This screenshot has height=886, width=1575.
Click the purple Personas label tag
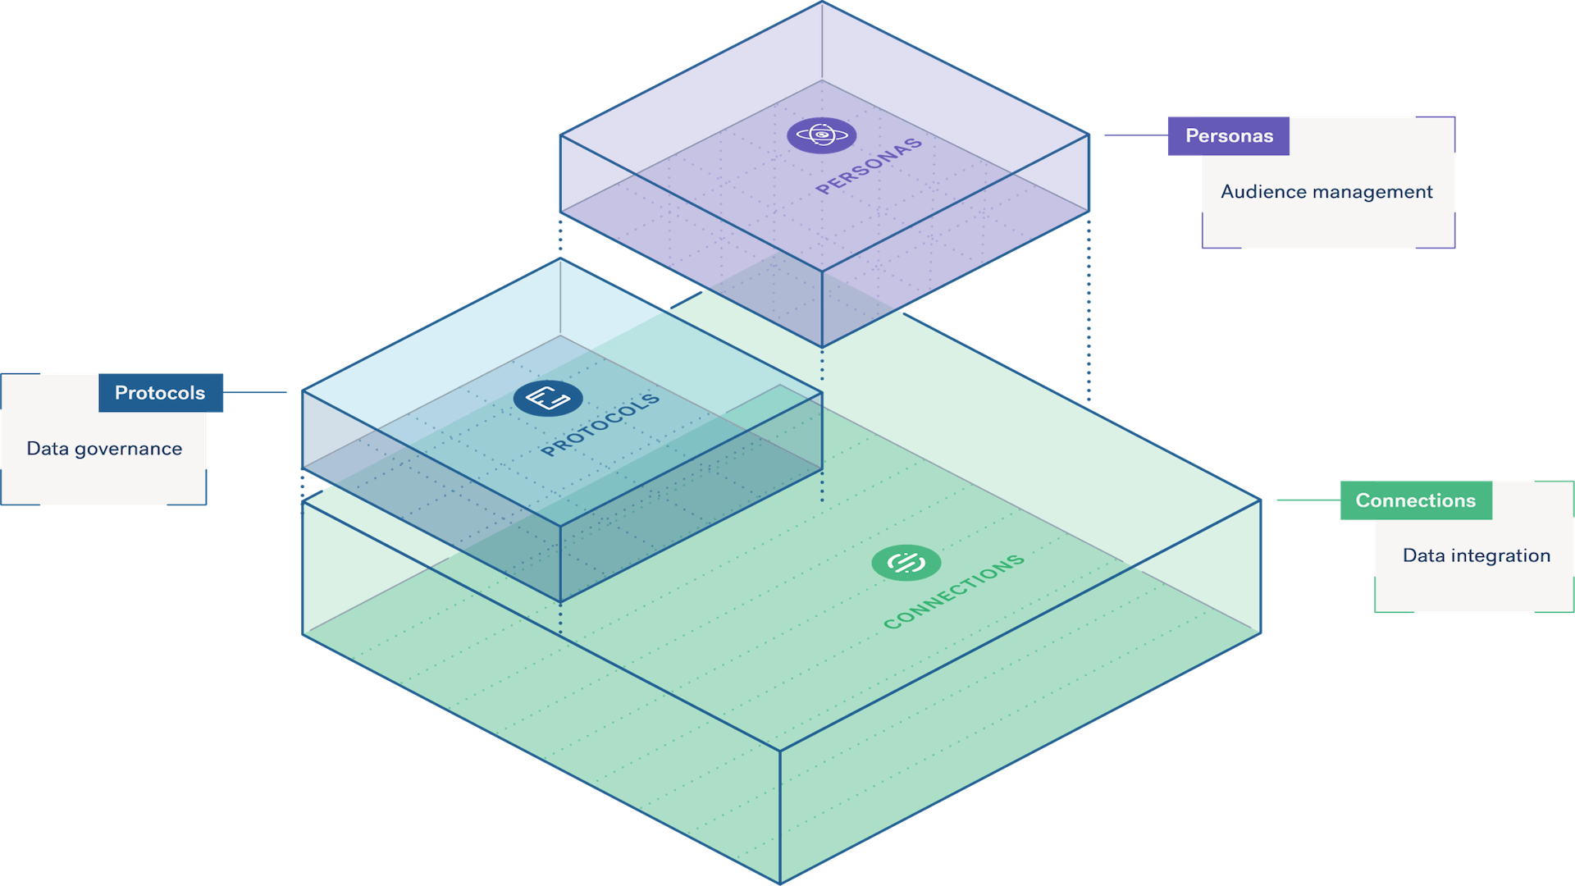point(1228,136)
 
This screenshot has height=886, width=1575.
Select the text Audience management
point(1326,192)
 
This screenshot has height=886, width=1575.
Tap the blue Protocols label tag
point(161,393)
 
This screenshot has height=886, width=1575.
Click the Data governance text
point(104,449)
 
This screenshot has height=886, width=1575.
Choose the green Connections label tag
point(1415,500)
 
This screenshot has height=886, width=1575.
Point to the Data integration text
point(1476,556)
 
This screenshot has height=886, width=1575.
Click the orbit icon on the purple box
point(822,135)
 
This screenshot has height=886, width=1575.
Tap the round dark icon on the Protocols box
point(548,399)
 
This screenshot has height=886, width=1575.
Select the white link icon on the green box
point(906,563)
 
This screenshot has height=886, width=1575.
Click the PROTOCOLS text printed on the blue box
point(600,424)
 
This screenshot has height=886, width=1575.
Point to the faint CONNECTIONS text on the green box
point(954,591)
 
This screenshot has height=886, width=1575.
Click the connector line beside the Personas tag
point(1136,135)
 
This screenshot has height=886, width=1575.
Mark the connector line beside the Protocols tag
point(256,392)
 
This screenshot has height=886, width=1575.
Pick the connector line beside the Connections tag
point(1308,500)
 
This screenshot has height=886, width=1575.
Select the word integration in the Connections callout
point(1500,556)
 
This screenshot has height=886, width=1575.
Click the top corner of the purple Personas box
point(822,3)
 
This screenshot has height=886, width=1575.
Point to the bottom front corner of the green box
point(780,881)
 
